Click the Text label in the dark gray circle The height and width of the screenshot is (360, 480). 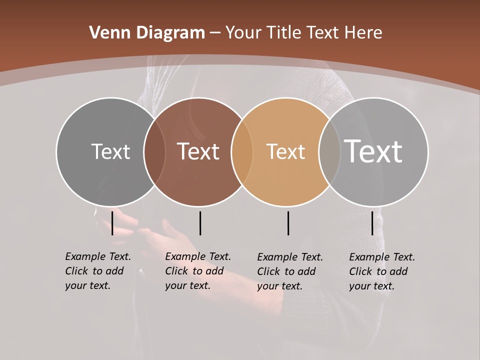coord(110,151)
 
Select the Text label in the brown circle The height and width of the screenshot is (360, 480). coord(198,151)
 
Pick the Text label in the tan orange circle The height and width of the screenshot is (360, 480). coord(285,152)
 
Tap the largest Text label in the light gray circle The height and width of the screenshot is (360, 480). coord(373,151)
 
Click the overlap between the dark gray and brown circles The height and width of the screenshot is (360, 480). coord(154,152)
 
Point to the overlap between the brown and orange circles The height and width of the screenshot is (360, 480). coord(242,152)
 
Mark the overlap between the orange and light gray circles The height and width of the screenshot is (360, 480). coord(329,152)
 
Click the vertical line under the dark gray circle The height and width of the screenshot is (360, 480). coord(112,223)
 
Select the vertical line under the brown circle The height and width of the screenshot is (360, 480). coord(200,223)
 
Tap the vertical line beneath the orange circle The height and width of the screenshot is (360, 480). coord(288,223)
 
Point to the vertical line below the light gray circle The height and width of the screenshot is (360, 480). coord(372,223)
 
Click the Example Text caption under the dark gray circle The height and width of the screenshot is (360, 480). coord(98,271)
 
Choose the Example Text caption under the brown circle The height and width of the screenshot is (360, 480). coord(198,271)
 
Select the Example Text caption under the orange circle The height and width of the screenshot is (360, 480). coord(290,271)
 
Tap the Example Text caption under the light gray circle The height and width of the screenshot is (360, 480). coord(382,271)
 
